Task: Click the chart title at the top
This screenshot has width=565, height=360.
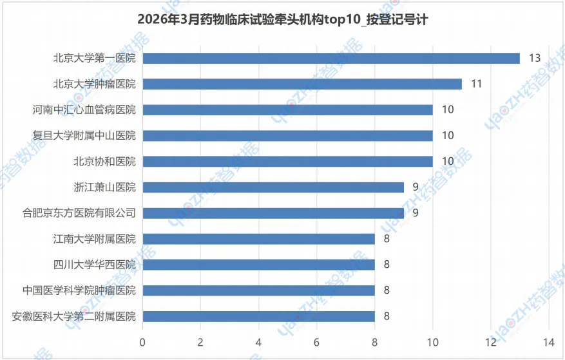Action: tap(282, 20)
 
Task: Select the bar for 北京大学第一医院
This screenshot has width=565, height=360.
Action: tap(330, 58)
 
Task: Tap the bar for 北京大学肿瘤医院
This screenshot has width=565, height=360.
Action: tap(302, 84)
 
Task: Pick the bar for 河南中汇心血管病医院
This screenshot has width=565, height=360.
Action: tap(287, 109)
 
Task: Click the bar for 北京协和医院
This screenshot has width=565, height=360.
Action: tap(287, 161)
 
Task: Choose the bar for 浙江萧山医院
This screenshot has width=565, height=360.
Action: tap(273, 187)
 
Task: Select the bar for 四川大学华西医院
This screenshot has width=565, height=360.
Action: tap(258, 264)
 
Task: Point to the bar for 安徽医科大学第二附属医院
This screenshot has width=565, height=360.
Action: tap(258, 316)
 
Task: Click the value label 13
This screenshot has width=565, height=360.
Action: tap(534, 58)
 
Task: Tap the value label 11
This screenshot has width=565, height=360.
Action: tap(476, 84)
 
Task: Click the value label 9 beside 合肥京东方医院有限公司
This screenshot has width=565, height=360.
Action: tap(416, 213)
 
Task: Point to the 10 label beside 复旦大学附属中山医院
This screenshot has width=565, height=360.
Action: tap(448, 135)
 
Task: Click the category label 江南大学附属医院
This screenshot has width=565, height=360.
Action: tap(95, 238)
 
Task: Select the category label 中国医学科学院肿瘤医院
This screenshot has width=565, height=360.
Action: tap(79, 290)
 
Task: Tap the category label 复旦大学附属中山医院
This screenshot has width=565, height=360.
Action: tap(84, 135)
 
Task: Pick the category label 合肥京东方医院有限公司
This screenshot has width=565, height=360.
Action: tap(79, 213)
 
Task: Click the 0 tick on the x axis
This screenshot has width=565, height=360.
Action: tap(142, 341)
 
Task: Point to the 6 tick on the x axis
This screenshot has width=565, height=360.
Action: tap(316, 341)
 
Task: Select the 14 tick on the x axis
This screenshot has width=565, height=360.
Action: tap(548, 341)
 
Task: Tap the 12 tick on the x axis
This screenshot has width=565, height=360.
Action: tap(490, 341)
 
